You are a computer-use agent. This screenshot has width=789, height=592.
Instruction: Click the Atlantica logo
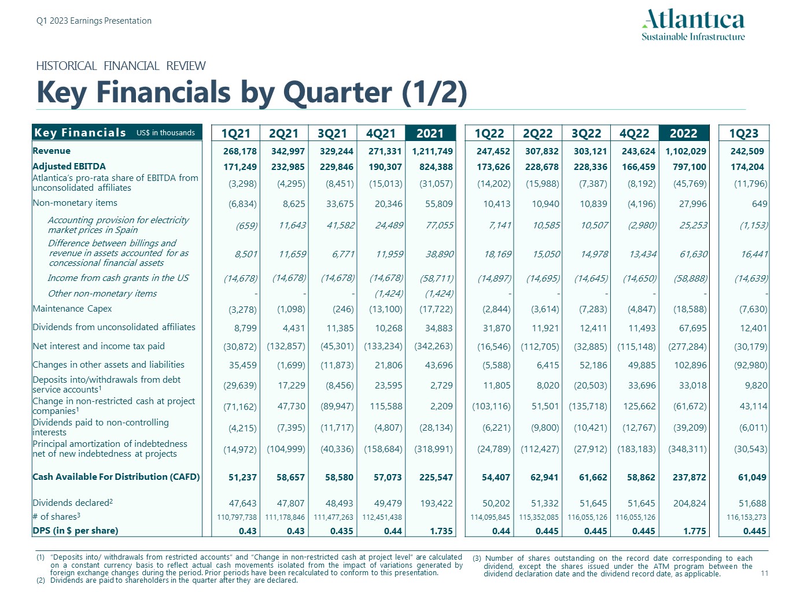tap(693, 25)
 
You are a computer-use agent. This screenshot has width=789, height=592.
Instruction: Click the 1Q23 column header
tap(743, 134)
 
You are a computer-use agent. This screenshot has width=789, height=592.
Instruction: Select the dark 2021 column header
tap(430, 134)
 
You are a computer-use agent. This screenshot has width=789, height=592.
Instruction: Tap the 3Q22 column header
tap(586, 134)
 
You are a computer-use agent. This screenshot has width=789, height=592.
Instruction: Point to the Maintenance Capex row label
tap(72, 309)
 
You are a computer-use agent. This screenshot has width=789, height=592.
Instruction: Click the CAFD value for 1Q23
tap(752, 478)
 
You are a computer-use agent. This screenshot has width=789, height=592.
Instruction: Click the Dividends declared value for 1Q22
tap(496, 504)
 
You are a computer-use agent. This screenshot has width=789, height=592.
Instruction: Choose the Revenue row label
tap(51, 151)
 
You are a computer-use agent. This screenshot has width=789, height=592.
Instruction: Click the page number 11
tap(764, 573)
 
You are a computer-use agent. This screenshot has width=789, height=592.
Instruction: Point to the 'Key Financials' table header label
tap(80, 132)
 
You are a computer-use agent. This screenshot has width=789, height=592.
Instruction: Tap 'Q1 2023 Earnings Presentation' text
tap(94, 21)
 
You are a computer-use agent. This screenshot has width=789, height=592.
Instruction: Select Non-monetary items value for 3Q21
tap(340, 203)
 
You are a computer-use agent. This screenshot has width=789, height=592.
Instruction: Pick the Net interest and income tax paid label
tap(98, 346)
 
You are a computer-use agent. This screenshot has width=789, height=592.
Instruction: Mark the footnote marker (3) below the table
tap(477, 558)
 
